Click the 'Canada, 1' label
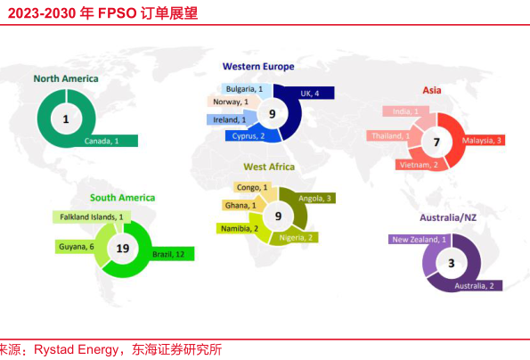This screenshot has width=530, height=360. pyautogui.click(x=102, y=141)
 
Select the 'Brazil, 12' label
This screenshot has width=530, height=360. pyautogui.click(x=167, y=254)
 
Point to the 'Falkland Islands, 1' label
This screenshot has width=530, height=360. pyautogui.click(x=90, y=217)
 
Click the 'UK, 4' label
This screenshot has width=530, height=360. pyautogui.click(x=309, y=93)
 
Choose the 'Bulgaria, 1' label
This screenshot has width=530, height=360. pyautogui.click(x=244, y=89)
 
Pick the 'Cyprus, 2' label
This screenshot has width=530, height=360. pyautogui.click(x=249, y=136)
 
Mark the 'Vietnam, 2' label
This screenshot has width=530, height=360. pyautogui.click(x=418, y=165)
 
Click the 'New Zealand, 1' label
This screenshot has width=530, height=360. pyautogui.click(x=418, y=240)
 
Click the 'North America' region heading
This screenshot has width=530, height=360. pyautogui.click(x=66, y=78)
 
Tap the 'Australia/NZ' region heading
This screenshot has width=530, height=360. pyautogui.click(x=452, y=217)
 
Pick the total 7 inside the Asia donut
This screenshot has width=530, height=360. pyautogui.click(x=436, y=142)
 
